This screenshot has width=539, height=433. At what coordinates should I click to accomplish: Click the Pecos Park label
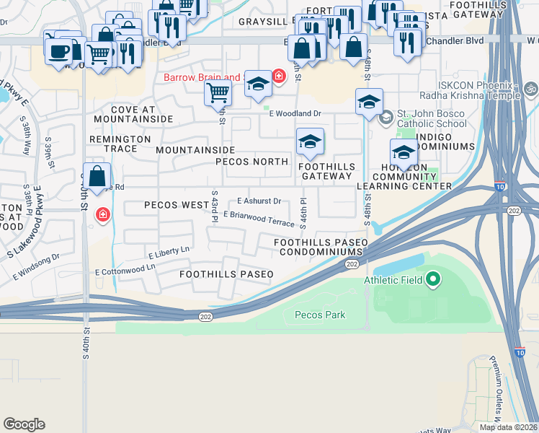320,315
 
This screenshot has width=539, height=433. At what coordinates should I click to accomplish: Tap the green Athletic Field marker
432,279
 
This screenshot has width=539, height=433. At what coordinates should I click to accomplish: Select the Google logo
24,424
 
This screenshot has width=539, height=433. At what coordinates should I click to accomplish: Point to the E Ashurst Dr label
259,202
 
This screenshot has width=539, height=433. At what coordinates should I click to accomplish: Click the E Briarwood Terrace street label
259,218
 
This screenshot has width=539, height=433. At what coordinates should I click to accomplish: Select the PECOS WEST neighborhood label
177,205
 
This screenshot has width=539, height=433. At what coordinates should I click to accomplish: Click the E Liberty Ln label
169,253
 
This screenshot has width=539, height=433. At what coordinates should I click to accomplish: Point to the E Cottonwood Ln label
125,270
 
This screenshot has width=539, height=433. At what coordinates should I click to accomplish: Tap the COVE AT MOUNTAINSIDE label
133,113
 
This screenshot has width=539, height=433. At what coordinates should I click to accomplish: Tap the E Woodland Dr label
295,113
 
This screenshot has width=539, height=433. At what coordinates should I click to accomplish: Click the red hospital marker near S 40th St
103,215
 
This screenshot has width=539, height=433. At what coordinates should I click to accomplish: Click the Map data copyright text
507,427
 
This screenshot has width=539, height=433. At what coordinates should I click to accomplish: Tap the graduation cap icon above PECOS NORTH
310,143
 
